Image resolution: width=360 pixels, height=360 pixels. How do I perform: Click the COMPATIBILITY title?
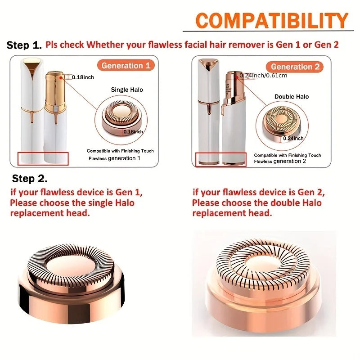click(272, 20)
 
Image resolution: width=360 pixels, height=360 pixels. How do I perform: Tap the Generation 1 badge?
click(126, 65)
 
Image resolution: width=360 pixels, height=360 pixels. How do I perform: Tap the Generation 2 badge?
click(295, 67)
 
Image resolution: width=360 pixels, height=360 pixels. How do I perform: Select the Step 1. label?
click(24, 45)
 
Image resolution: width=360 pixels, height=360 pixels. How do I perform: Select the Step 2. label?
click(30, 178)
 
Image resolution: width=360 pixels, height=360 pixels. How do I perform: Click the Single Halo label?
click(127, 90)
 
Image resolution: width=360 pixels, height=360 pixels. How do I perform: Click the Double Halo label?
click(292, 96)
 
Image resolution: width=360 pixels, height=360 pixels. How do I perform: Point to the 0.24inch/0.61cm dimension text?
click(263, 75)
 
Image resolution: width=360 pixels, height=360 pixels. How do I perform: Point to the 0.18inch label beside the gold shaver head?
click(83, 77)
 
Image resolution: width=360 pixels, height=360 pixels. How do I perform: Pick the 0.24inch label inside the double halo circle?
click(293, 138)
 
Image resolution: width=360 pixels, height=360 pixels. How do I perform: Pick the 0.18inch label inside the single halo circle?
click(133, 131)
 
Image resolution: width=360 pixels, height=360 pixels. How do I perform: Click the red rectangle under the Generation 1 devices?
click(43, 158)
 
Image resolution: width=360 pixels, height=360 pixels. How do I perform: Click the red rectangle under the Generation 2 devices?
click(220, 159)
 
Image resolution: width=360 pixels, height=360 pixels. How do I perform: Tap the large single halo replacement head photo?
click(71, 283)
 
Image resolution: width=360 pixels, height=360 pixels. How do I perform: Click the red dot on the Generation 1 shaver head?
click(61, 78)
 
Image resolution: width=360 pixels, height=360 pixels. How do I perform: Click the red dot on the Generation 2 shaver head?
click(237, 77)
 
